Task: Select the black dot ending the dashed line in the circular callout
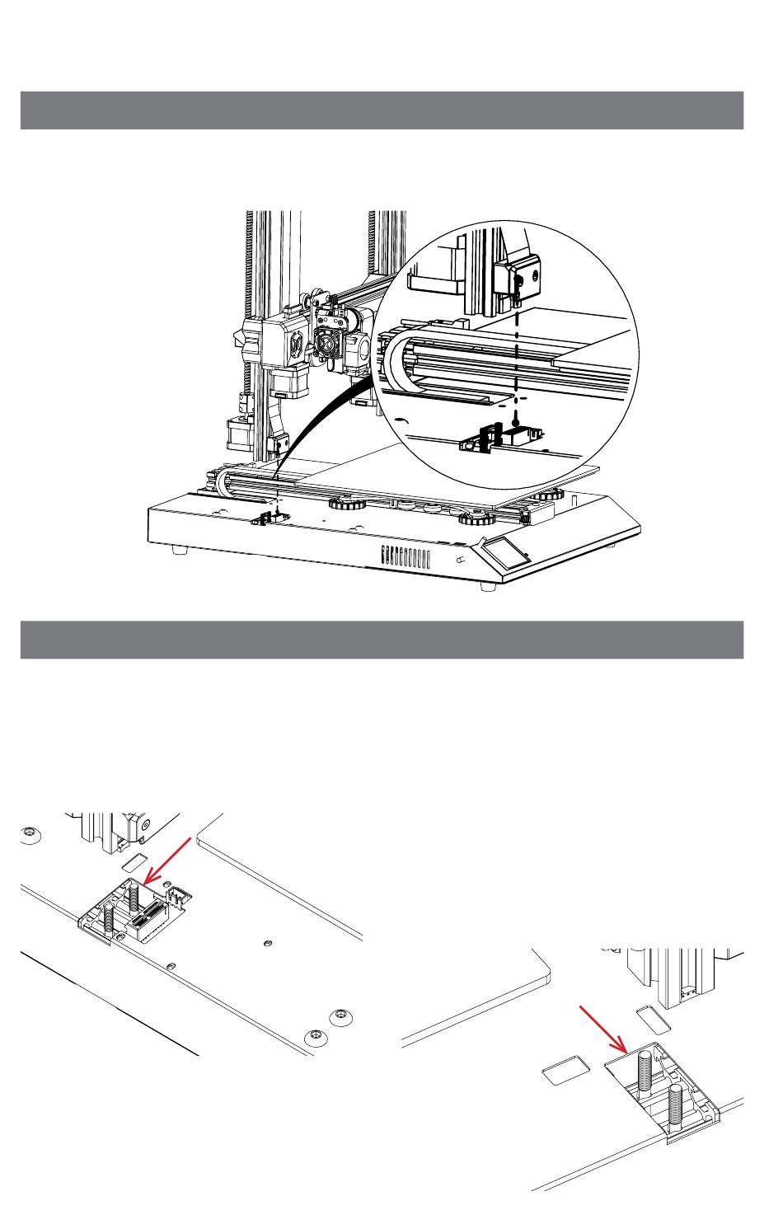coord(517,418)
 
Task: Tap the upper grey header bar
coord(382,110)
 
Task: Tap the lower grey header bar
coord(382,640)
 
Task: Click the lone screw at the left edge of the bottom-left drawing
coord(30,833)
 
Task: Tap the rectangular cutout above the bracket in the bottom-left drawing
coord(133,863)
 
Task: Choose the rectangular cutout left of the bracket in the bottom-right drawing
coord(565,1070)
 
